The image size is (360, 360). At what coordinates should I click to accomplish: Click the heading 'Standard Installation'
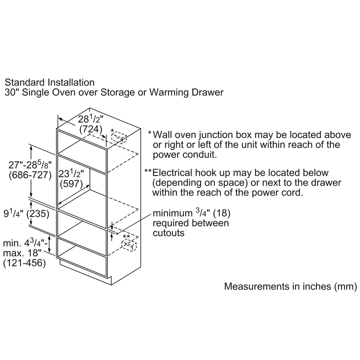pos(49,82)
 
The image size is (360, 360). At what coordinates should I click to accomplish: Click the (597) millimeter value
pos(71,184)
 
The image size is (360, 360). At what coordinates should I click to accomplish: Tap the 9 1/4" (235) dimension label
pos(26,214)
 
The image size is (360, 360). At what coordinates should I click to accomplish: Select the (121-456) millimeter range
pos(24,263)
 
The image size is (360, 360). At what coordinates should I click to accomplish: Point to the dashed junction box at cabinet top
pos(119,137)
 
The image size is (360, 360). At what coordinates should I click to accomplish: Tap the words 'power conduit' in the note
pos(184,155)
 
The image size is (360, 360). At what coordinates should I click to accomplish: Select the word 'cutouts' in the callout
pos(169,233)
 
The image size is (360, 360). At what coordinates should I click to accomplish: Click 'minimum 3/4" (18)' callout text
pos(191,213)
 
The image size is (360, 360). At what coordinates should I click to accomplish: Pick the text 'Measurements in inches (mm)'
pos(290,286)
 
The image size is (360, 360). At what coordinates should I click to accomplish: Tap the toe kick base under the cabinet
pos(85,271)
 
